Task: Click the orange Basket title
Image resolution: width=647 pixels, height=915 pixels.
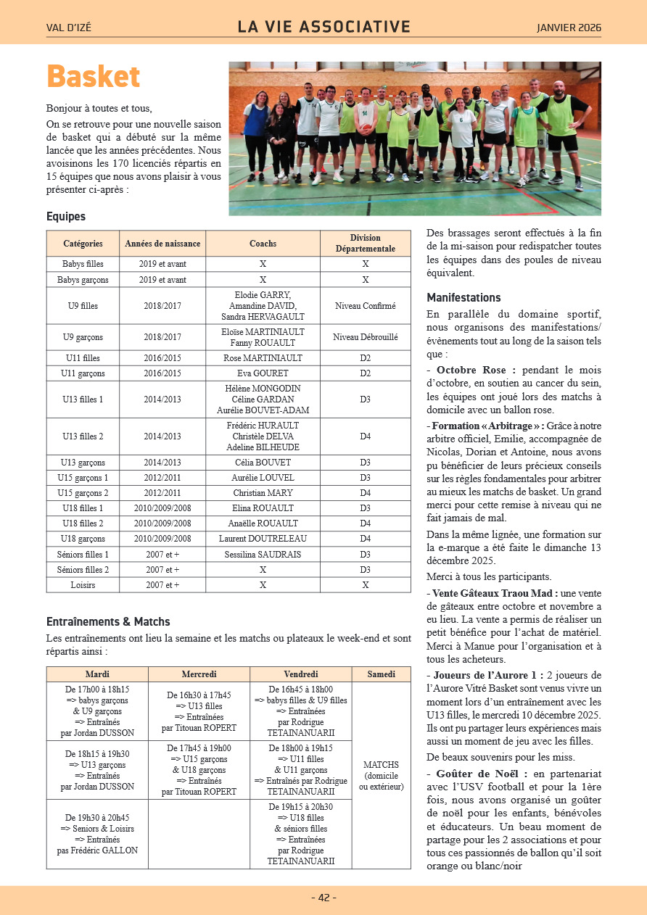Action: pyautogui.click(x=93, y=77)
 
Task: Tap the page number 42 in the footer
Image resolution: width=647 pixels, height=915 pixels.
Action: pyautogui.click(x=323, y=898)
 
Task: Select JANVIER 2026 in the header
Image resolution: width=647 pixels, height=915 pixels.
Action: pyautogui.click(x=569, y=28)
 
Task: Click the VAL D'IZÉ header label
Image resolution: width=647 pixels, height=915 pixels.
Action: pyautogui.click(x=69, y=28)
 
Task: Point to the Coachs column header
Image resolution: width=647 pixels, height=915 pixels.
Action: pyautogui.click(x=263, y=244)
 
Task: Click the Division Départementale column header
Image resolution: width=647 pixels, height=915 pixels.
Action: pyautogui.click(x=365, y=244)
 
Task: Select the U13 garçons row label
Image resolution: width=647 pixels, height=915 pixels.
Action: pyautogui.click(x=83, y=463)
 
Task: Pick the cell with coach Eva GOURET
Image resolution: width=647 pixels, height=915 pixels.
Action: pyautogui.click(x=263, y=373)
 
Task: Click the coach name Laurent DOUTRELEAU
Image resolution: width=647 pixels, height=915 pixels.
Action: pyautogui.click(x=263, y=539)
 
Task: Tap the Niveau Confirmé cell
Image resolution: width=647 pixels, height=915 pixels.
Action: pyautogui.click(x=365, y=306)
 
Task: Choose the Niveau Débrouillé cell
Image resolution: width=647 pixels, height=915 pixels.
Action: pyautogui.click(x=365, y=337)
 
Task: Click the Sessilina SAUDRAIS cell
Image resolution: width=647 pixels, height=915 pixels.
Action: pyautogui.click(x=263, y=555)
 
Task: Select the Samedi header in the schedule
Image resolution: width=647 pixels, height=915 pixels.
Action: pyautogui.click(x=381, y=674)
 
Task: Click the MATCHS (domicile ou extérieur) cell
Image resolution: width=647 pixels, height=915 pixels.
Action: pyautogui.click(x=381, y=776)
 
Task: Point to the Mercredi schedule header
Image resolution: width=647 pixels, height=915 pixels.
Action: pyautogui.click(x=199, y=674)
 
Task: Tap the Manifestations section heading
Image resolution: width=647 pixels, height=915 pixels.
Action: pyautogui.click(x=463, y=297)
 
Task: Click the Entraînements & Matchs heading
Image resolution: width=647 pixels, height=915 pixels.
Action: pyautogui.click(x=108, y=621)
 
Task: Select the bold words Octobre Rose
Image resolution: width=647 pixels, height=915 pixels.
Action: pyautogui.click(x=476, y=370)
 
